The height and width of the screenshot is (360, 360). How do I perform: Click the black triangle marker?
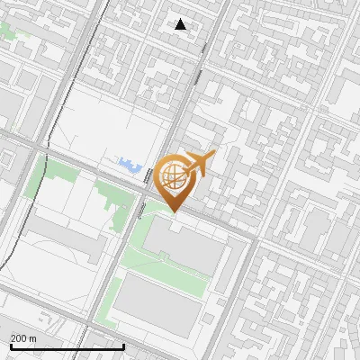tap(181, 24)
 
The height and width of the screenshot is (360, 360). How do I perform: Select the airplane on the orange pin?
tap(200, 164)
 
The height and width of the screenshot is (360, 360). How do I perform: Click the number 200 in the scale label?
tap(19, 338)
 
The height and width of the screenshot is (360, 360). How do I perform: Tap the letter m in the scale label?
tap(32, 338)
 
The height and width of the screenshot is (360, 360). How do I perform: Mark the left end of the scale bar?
tap(10, 346)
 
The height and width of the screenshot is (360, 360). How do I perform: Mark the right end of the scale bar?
tap(123, 346)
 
